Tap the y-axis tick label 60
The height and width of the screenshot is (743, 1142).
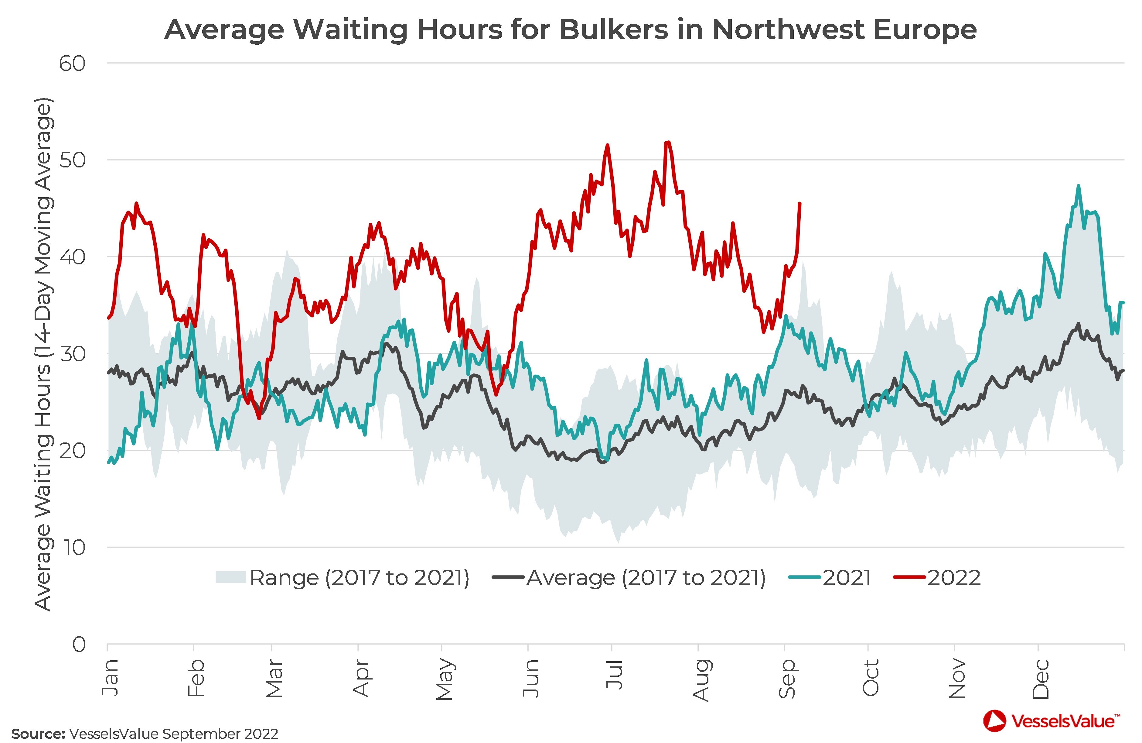point(73,64)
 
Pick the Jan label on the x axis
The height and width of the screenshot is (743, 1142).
point(110,677)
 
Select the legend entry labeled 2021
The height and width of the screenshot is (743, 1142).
point(847,578)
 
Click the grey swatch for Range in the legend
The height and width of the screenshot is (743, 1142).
point(230,577)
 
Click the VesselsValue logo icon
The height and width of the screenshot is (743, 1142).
point(994,721)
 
